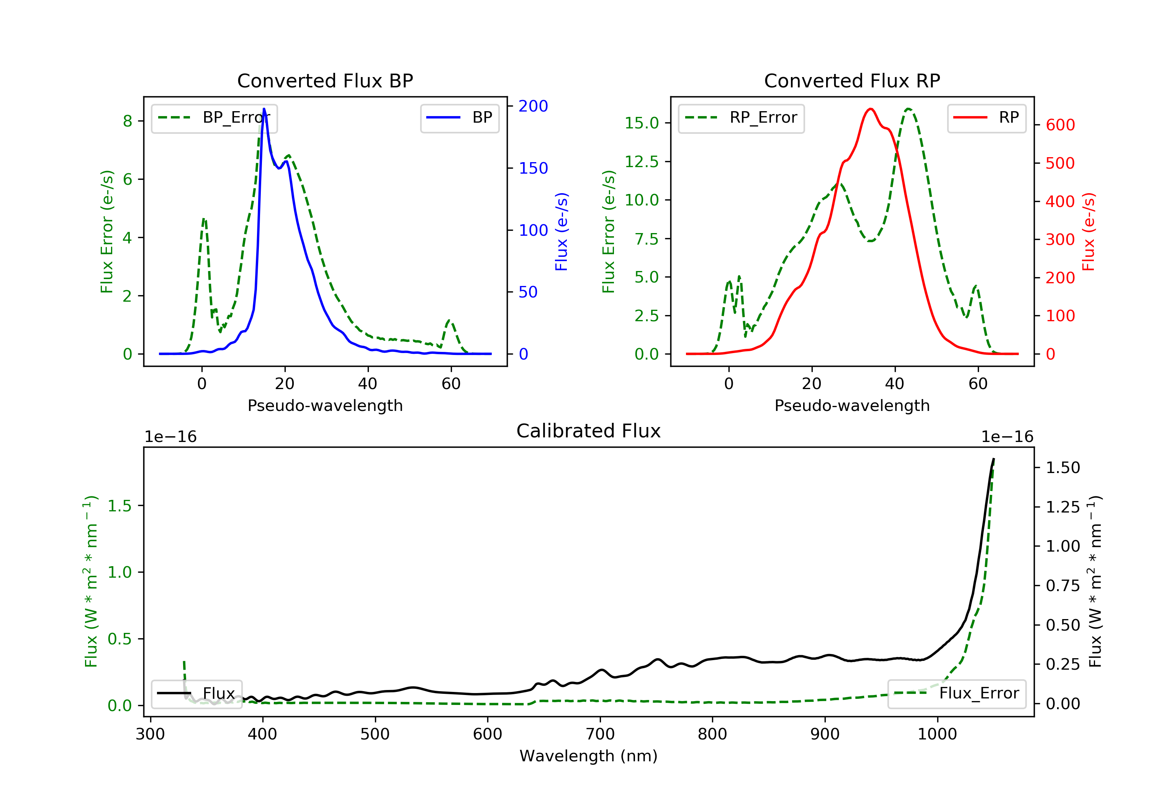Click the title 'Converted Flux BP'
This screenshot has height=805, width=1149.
[325, 80]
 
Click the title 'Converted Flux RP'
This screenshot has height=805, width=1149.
[852, 80]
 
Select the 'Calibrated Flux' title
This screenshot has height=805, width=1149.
[589, 431]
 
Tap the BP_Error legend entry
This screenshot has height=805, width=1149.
[214, 118]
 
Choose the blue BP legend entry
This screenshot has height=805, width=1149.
[459, 118]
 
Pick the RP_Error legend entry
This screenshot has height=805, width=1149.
[741, 118]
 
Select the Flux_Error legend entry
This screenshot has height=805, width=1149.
[957, 693]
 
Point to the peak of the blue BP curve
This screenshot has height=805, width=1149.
[264, 109]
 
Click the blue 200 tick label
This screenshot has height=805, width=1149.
[534, 106]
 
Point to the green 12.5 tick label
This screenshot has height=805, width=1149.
[642, 161]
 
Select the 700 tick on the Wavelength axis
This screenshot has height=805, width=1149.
[600, 734]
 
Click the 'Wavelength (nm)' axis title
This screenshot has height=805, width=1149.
[589, 756]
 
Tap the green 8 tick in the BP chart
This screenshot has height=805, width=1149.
[128, 121]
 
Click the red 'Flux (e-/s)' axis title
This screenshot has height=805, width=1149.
[1089, 232]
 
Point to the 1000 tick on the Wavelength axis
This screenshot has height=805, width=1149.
[937, 734]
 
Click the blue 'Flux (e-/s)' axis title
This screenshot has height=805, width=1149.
[562, 232]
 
